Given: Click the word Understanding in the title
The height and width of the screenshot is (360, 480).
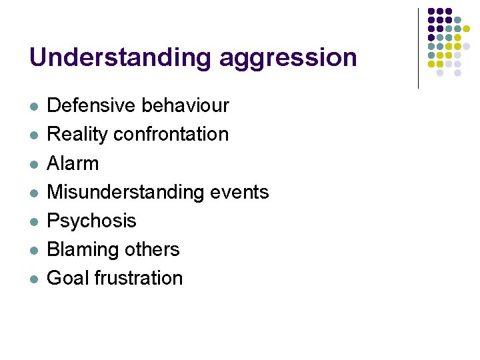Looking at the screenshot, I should coord(121,57).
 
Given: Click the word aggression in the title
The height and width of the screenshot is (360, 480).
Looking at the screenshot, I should coord(288,59).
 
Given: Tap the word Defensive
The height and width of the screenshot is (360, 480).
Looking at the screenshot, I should coord(91,105).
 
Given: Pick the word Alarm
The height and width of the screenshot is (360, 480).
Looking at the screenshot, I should coord(73,163).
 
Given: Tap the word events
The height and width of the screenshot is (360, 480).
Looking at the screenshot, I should coord(239,192).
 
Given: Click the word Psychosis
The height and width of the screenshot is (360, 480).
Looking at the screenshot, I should coord(91,221).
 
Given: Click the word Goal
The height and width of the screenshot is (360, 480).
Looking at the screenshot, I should coord(68,278).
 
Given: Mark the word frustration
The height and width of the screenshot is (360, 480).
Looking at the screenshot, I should coord(139,278).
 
